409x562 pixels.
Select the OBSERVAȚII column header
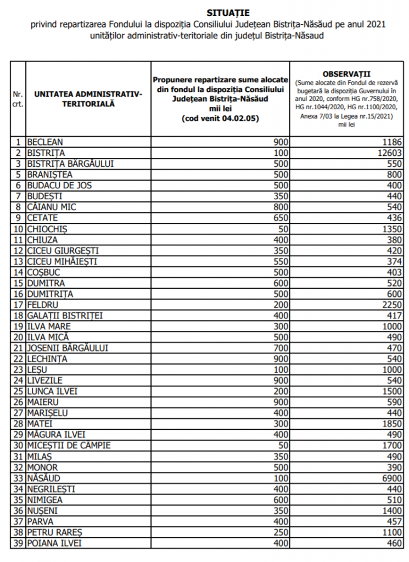(x=347, y=73)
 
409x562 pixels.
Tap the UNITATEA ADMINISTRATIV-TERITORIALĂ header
(x=88, y=99)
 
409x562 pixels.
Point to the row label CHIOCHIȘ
(x=48, y=228)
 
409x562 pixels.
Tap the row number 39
(x=19, y=543)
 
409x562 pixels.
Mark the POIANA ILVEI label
(x=55, y=543)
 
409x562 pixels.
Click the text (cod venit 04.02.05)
(x=220, y=119)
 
